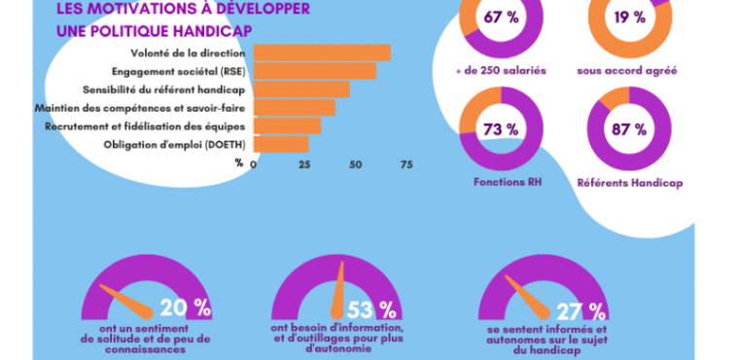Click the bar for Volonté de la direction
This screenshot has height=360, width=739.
point(322,53)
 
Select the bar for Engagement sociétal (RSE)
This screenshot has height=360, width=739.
point(314,71)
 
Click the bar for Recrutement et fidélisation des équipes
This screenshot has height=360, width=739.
point(287,126)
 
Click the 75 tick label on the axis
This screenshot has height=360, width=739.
point(405,164)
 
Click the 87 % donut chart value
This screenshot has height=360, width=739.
point(628,128)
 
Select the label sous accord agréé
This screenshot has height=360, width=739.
point(628,71)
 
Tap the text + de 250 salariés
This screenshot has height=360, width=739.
point(500,71)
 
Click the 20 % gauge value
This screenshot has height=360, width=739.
point(185,308)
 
